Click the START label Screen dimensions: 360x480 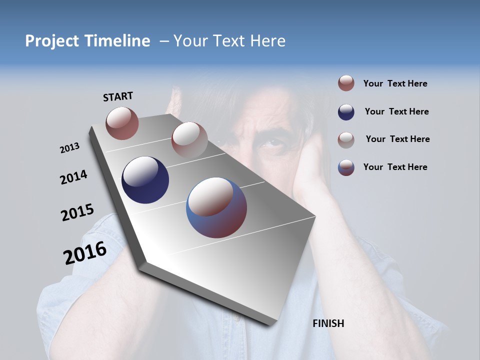[x=118, y=96]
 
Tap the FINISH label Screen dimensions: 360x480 [x=328, y=323]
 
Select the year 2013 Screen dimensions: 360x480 [x=69, y=148]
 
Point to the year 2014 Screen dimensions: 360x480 [x=73, y=177]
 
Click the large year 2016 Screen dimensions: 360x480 [x=85, y=253]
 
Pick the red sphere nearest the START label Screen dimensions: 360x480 [x=122, y=123]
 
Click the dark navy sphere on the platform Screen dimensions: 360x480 [x=145, y=180]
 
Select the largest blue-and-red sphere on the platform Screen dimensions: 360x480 [x=216, y=207]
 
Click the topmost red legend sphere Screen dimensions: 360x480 [x=346, y=83]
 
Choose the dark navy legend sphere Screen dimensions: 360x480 [x=346, y=112]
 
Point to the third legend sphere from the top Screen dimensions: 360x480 [x=346, y=139]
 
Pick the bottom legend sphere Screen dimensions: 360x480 [x=346, y=167]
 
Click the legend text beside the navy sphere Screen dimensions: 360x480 [x=396, y=111]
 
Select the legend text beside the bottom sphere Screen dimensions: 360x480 [x=395, y=167]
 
